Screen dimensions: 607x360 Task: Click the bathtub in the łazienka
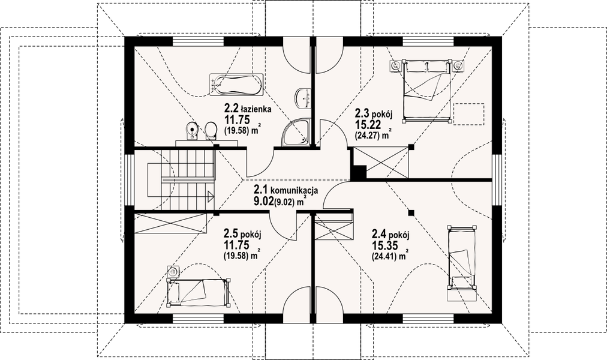tap(236, 85)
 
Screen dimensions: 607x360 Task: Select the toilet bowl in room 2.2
tap(211, 131)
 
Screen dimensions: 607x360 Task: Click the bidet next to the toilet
tap(192, 130)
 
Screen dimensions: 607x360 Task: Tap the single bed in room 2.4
tap(461, 258)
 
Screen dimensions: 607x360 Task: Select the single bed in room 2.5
tap(198, 292)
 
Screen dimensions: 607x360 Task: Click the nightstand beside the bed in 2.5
tap(173, 272)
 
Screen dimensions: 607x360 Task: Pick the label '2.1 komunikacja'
tap(286, 190)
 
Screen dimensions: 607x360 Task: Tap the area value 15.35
tap(384, 245)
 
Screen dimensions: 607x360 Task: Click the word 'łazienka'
tap(256, 109)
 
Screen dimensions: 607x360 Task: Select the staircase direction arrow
tap(211, 196)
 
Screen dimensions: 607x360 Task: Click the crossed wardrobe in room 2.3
tap(381, 162)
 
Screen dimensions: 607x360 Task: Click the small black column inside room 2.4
tap(411, 212)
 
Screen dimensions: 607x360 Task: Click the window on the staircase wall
tap(129, 181)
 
